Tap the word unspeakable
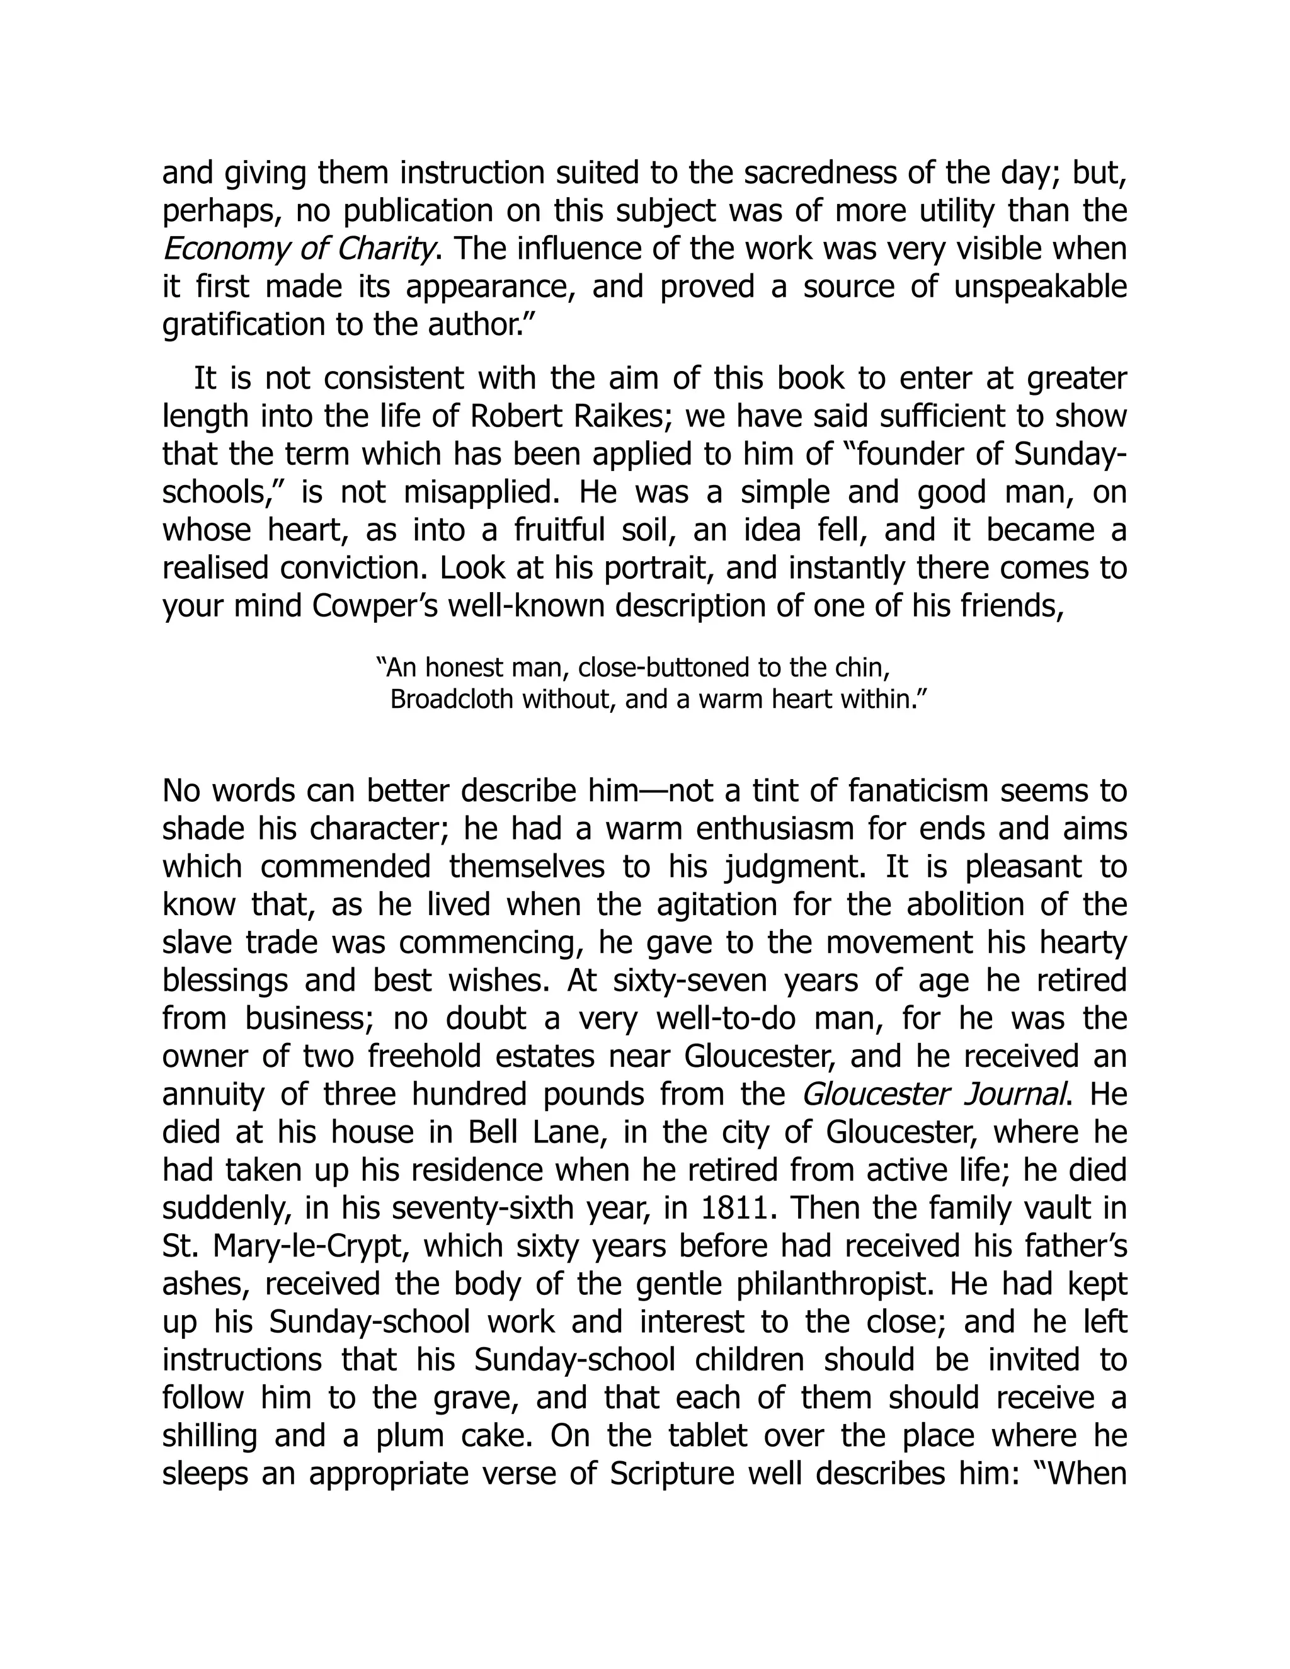pyautogui.click(x=1040, y=287)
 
